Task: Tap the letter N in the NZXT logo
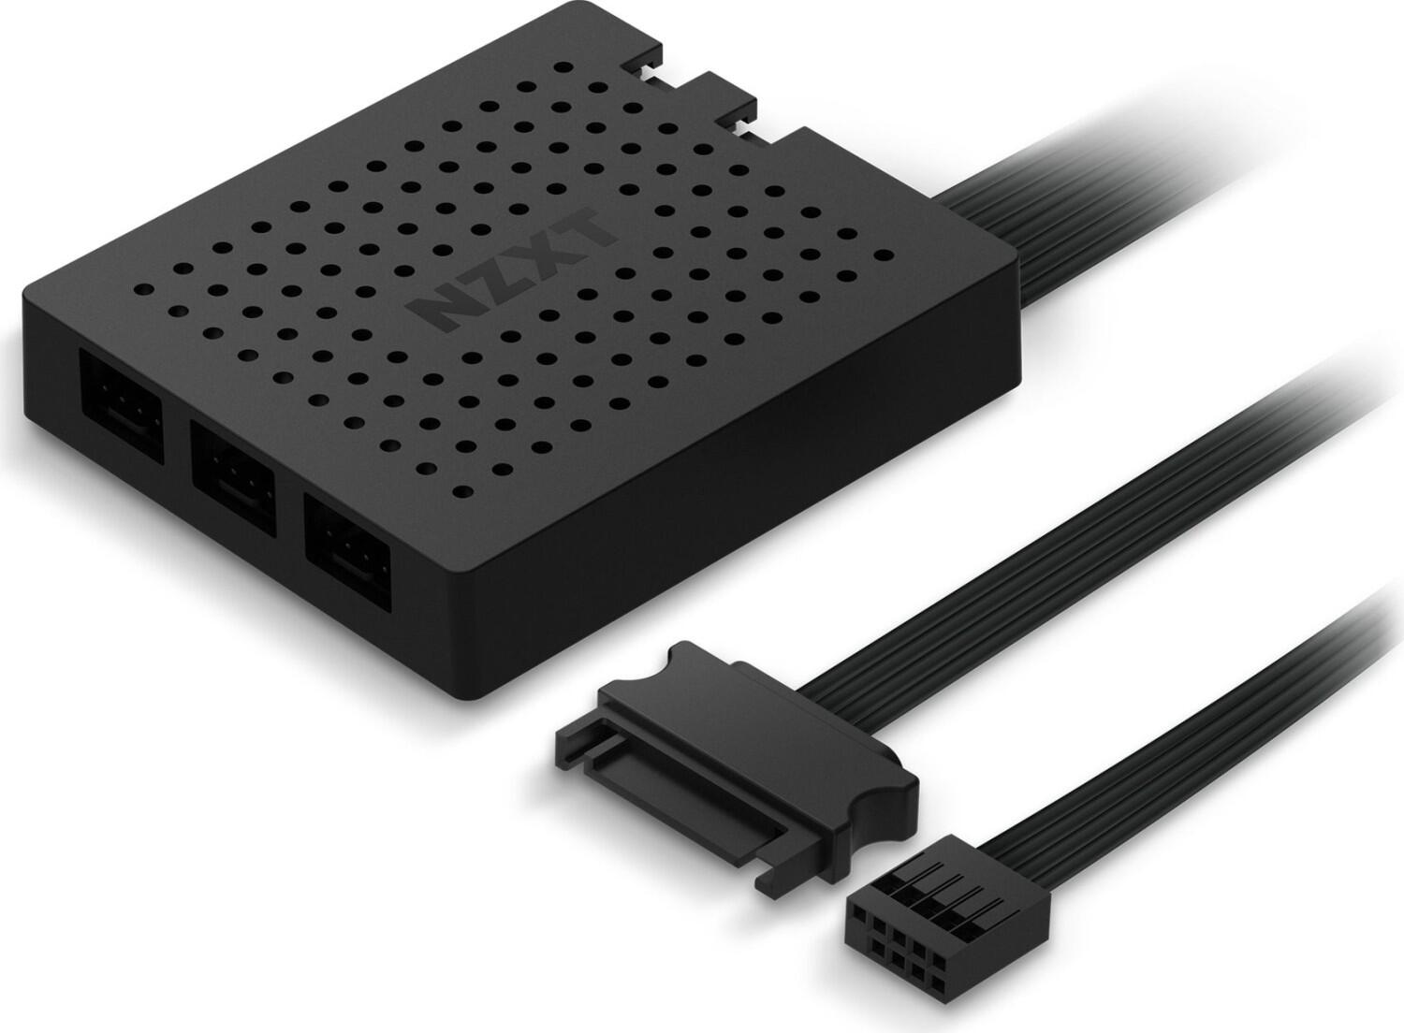(441, 310)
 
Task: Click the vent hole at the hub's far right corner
(882, 254)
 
